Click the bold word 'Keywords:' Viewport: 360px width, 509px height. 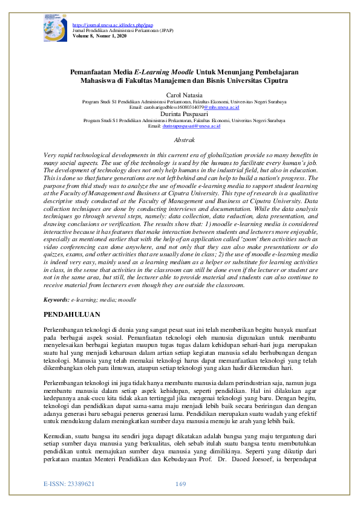[x=57, y=299]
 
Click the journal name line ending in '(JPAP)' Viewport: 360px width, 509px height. [x=113, y=30]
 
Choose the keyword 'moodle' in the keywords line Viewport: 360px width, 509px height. [x=126, y=299]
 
